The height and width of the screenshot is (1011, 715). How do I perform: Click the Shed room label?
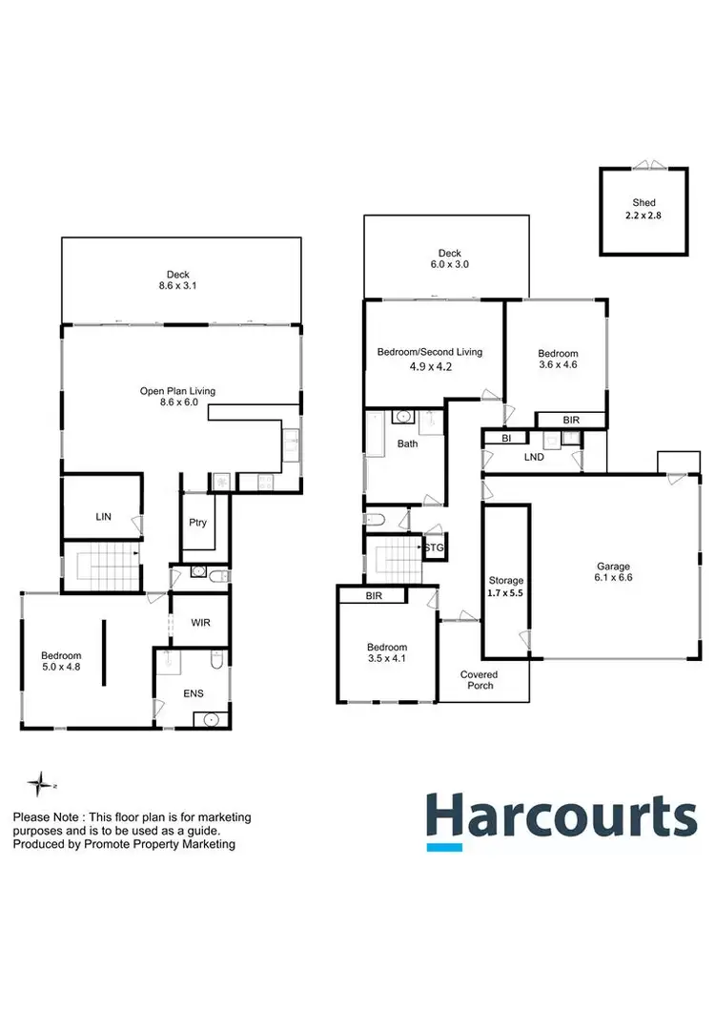[x=644, y=202]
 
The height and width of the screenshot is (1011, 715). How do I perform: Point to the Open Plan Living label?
[x=178, y=391]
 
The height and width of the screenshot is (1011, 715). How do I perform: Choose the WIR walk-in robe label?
[x=199, y=622]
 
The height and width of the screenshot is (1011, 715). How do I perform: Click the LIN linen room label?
[x=104, y=516]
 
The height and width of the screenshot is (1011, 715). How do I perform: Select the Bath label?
[x=408, y=444]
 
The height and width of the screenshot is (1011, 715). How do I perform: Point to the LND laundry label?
[x=534, y=457]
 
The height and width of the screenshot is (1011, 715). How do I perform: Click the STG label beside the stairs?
[x=434, y=547]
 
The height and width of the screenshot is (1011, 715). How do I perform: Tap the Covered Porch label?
[x=480, y=679]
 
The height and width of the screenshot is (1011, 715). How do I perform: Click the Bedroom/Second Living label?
[x=430, y=352]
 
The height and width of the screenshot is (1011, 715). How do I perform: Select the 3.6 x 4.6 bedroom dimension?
[x=558, y=363]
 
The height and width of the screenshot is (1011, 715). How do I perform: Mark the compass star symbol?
[x=39, y=784]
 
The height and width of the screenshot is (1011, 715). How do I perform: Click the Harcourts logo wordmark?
[x=562, y=817]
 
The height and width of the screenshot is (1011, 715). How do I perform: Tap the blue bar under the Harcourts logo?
[x=444, y=846]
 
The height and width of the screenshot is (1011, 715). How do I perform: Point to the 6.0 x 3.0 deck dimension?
[x=446, y=265]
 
